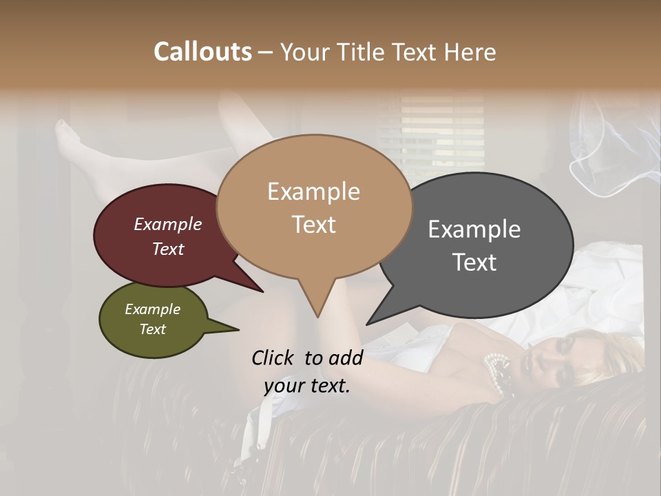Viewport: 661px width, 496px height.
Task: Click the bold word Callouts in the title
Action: pyautogui.click(x=202, y=52)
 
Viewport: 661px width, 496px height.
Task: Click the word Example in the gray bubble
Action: pyautogui.click(x=474, y=229)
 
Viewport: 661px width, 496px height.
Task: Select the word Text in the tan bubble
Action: pyautogui.click(x=314, y=225)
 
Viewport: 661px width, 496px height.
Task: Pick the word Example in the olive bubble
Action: pyautogui.click(x=153, y=309)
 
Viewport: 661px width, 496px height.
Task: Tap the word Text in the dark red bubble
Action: pyautogui.click(x=168, y=249)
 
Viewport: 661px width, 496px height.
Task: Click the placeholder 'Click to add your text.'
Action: pyautogui.click(x=307, y=371)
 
